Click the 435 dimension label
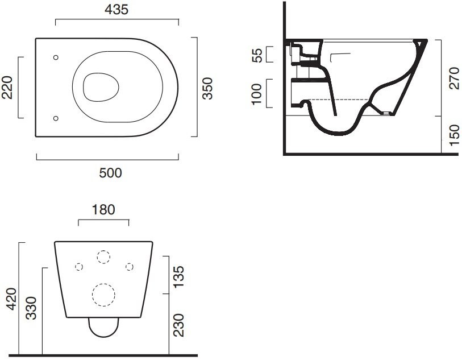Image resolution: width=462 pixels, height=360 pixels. point(116,10)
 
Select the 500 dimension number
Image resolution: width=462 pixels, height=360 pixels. point(110,173)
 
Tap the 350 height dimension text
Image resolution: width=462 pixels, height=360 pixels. point(207,88)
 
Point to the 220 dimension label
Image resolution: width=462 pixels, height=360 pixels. point(7,87)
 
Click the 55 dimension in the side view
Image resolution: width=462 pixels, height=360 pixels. point(257,55)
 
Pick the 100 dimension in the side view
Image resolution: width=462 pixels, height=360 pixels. point(257,94)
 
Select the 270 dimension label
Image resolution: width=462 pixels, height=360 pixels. point(455,78)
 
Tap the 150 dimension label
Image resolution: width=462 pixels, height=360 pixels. point(455,135)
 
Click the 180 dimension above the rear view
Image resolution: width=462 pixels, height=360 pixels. point(103,210)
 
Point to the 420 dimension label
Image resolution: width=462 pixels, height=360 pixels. point(12,299)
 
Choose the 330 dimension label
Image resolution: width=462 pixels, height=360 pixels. point(31,308)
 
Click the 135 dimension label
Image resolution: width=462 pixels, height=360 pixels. point(178,277)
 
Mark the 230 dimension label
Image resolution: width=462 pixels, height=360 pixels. point(178,325)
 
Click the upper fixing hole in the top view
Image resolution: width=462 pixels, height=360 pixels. point(56,57)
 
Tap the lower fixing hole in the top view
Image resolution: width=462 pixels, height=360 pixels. point(56,118)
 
